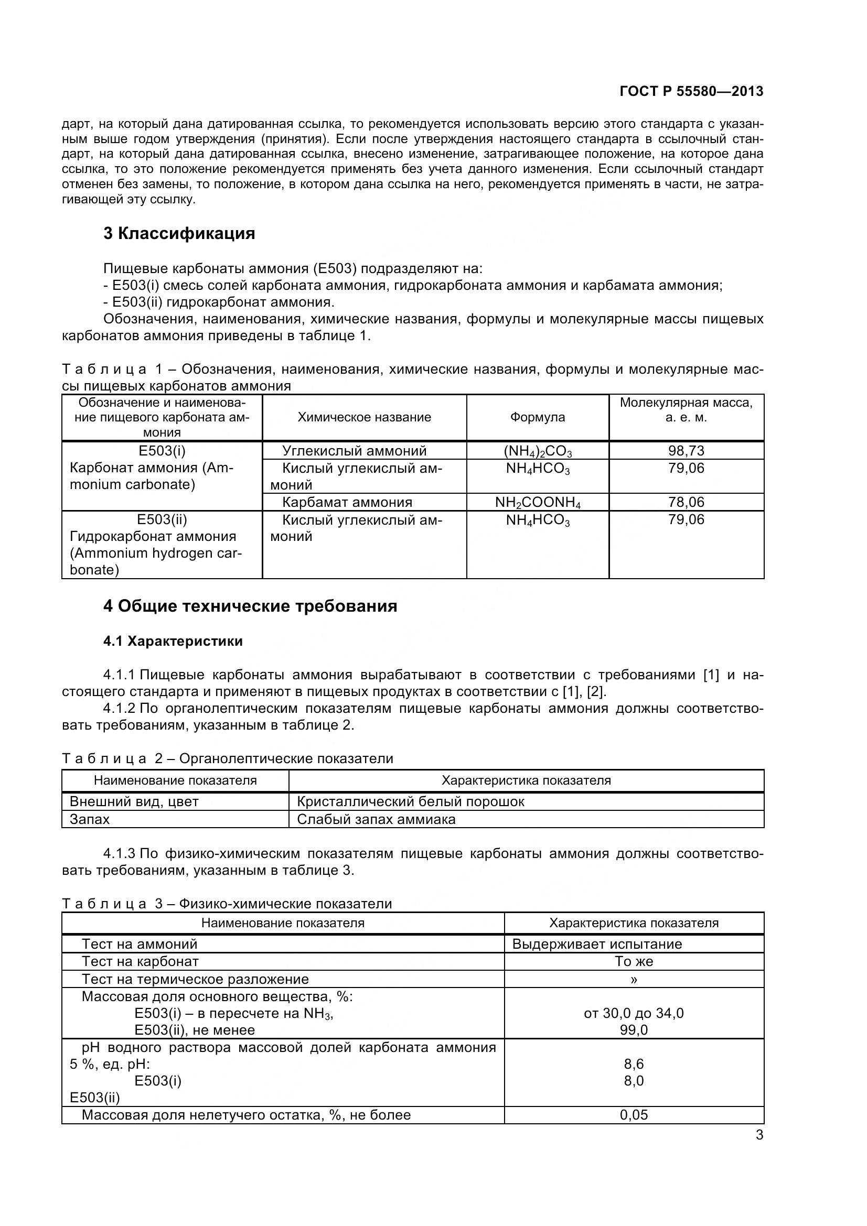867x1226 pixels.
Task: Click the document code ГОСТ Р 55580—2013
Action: (691, 91)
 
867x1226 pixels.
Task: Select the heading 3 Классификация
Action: (179, 233)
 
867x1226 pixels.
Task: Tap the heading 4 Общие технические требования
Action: (250, 606)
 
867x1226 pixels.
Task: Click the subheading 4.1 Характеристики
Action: (173, 641)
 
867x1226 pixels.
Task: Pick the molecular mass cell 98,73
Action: (686, 451)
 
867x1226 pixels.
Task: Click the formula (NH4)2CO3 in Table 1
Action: (538, 451)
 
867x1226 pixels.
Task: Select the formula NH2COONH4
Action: (538, 503)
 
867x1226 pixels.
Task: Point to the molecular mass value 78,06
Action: (686, 502)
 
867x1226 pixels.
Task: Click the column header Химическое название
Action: (364, 417)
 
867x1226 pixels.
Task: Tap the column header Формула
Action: (538, 417)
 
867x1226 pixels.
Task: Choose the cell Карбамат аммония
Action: (347, 502)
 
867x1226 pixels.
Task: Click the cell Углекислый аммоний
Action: (354, 451)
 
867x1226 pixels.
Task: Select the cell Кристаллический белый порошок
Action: (410, 801)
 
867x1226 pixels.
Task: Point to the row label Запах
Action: (90, 819)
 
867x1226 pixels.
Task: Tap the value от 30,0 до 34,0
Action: (634, 1013)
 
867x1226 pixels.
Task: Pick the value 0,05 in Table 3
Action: (634, 1115)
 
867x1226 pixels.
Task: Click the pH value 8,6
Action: (634, 1064)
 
